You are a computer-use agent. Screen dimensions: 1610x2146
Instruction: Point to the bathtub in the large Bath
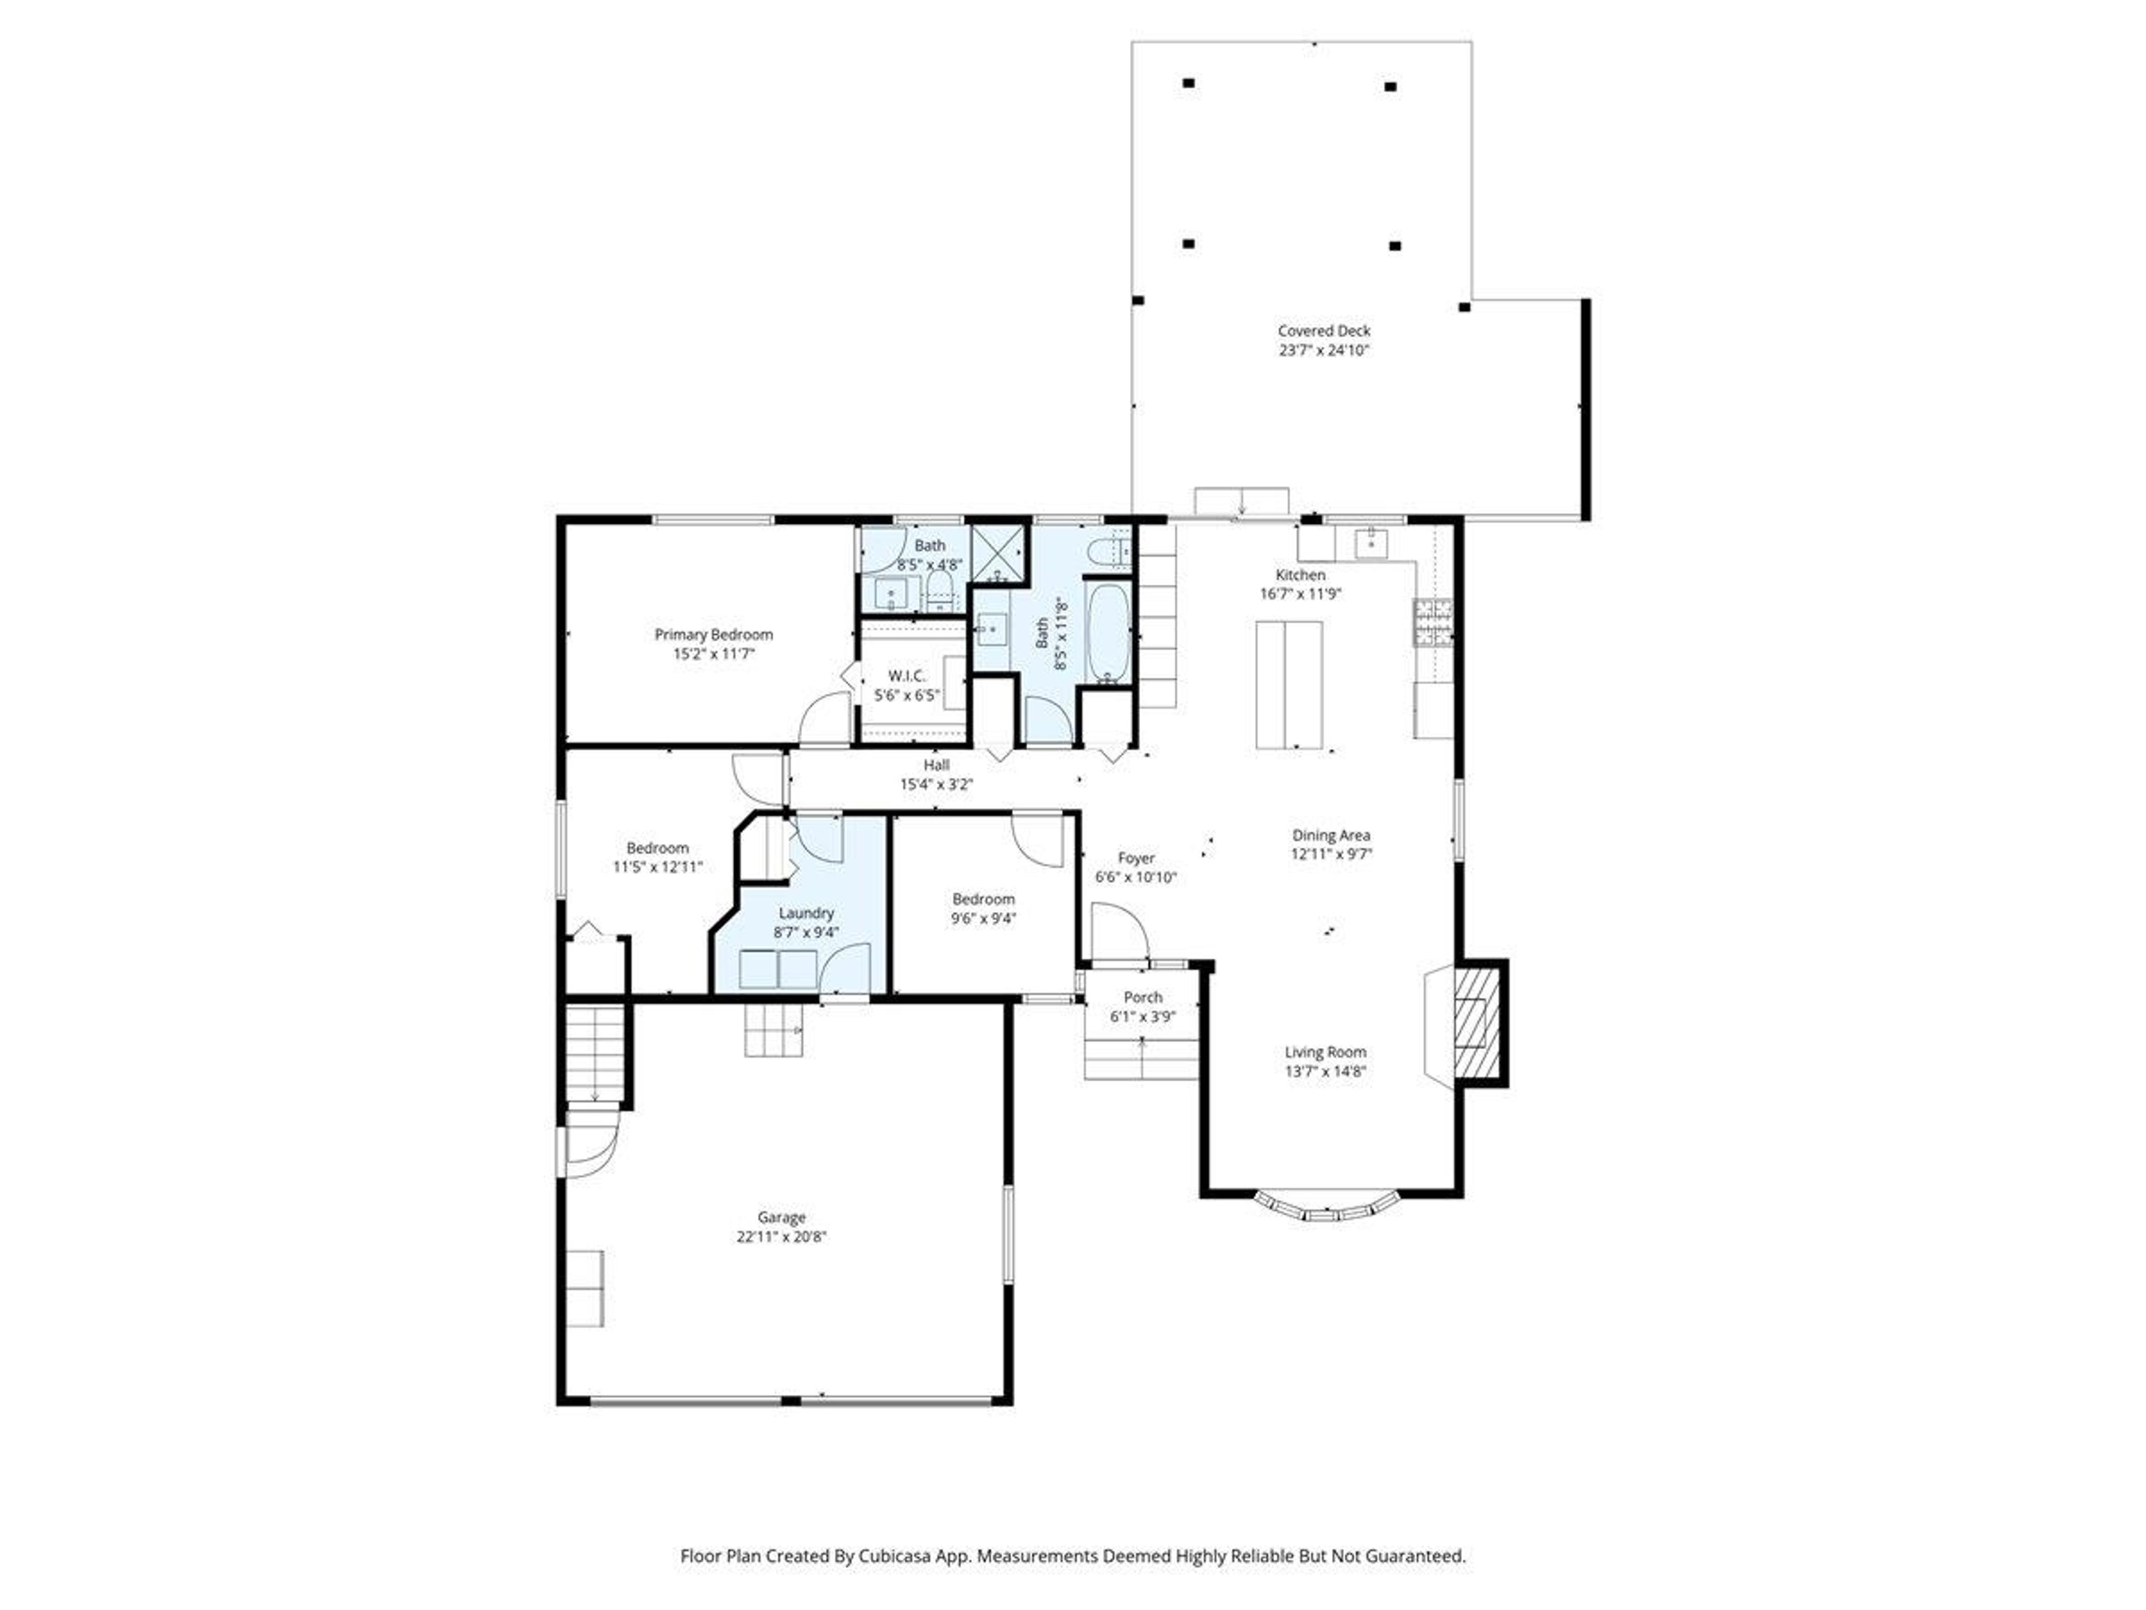(1107, 632)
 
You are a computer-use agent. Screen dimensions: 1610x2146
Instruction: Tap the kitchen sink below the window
(1371, 544)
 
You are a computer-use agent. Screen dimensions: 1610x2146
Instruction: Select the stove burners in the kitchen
(1433, 623)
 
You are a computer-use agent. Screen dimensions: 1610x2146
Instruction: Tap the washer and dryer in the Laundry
(778, 969)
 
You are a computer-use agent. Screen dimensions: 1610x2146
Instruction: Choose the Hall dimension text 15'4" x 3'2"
(936, 784)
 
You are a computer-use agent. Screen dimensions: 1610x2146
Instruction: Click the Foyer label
(1136, 858)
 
